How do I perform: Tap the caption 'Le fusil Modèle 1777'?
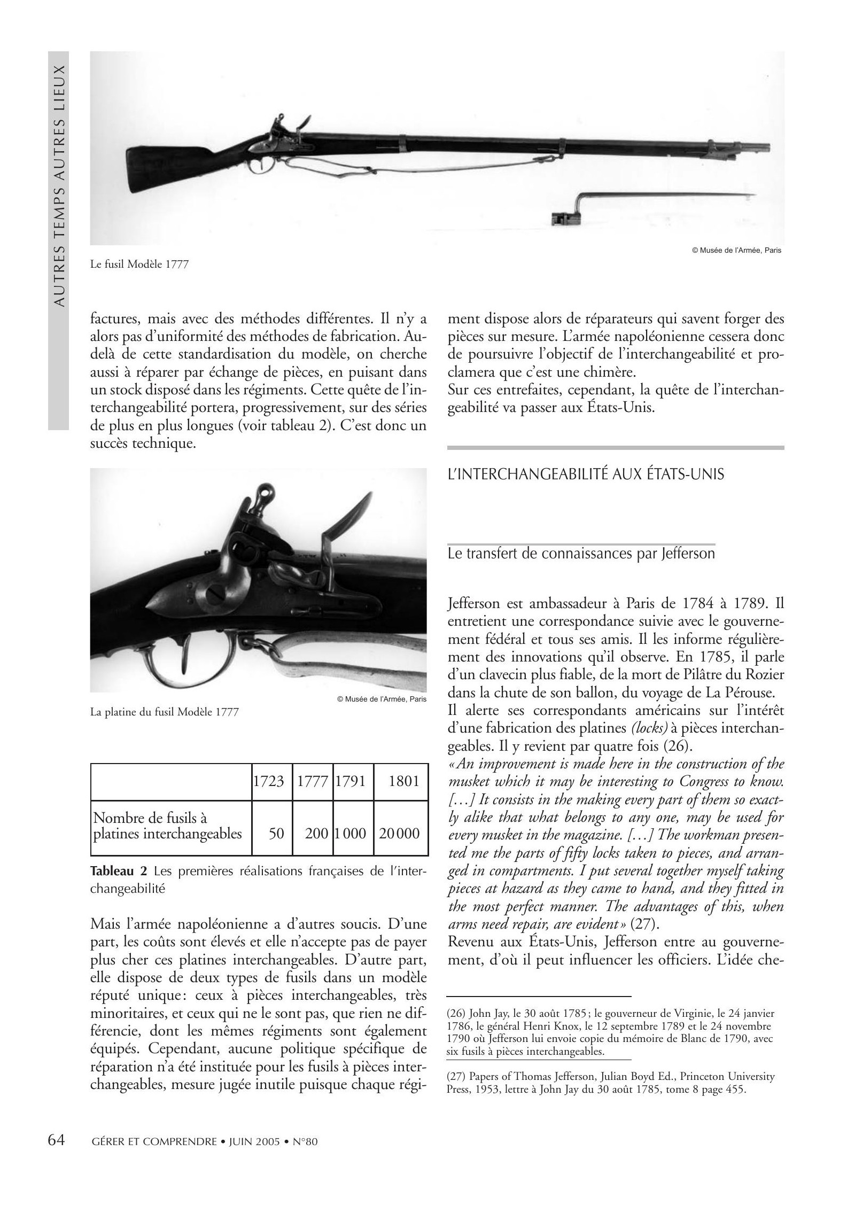139,264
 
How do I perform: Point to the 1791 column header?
351,781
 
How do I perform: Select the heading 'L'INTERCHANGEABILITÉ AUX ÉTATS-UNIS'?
586,474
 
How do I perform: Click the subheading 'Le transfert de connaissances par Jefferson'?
581,554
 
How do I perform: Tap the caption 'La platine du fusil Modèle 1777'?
164,712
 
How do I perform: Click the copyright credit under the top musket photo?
736,250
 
